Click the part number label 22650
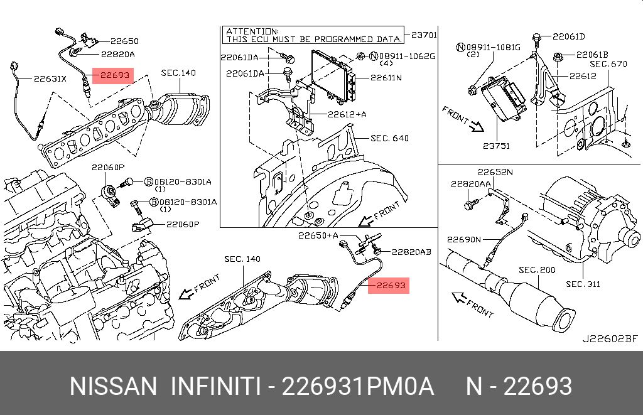125,41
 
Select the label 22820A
118,54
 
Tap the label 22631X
50,78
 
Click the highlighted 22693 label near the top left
113,75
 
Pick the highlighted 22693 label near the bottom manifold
389,285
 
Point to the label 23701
424,35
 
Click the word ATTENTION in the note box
252,31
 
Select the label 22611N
386,77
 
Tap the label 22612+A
347,114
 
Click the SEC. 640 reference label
389,138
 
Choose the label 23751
496,146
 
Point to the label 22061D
569,36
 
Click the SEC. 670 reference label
608,65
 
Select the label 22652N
495,172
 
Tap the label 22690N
464,239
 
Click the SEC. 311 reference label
583,284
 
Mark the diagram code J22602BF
610,339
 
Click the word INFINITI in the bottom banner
216,386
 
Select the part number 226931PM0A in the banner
357,386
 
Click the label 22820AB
411,252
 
